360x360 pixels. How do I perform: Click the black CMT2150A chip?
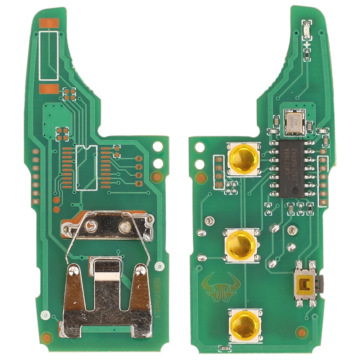pos(292,168)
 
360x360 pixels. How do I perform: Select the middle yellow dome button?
pos(241,246)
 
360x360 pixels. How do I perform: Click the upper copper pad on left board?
pos(49,23)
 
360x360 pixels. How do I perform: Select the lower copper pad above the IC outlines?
pos(49,89)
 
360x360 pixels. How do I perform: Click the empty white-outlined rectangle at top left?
pos(49,56)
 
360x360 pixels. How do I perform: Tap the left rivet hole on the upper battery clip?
pos(90,226)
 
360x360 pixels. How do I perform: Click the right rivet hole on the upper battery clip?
pos(125,226)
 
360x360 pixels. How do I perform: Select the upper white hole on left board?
pos(158,146)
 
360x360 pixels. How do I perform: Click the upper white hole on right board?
pos(199,147)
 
